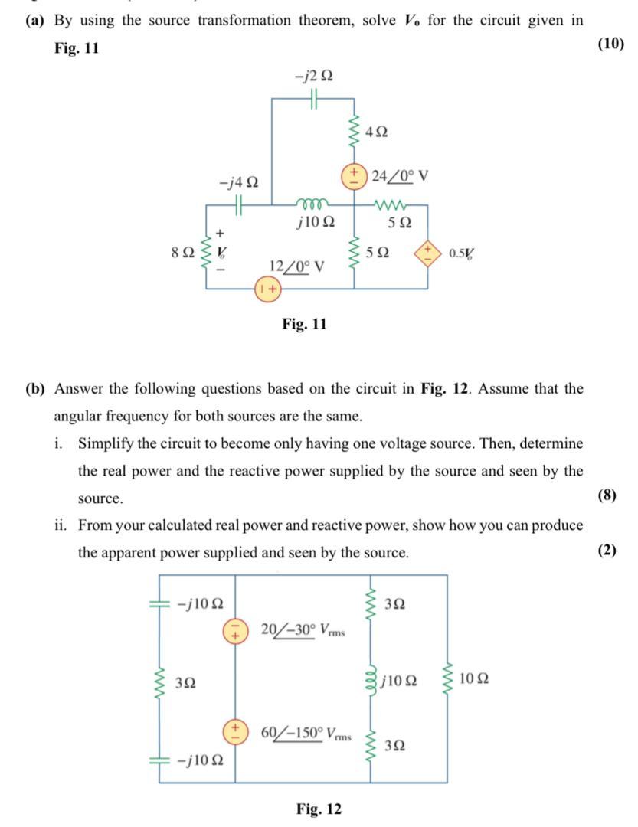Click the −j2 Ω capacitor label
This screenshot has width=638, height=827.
coord(314,77)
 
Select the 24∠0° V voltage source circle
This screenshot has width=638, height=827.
coord(355,174)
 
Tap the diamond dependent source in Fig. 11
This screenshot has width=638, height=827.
coord(427,252)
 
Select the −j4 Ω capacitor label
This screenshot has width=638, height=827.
coord(238,184)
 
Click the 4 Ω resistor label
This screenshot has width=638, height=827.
coord(377,132)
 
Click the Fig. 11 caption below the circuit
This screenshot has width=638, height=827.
coord(304,324)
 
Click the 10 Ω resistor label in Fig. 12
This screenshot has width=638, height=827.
coord(475,679)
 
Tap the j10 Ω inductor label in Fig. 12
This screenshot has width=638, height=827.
coord(401,679)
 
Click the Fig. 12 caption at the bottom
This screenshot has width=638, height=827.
coord(319,809)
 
